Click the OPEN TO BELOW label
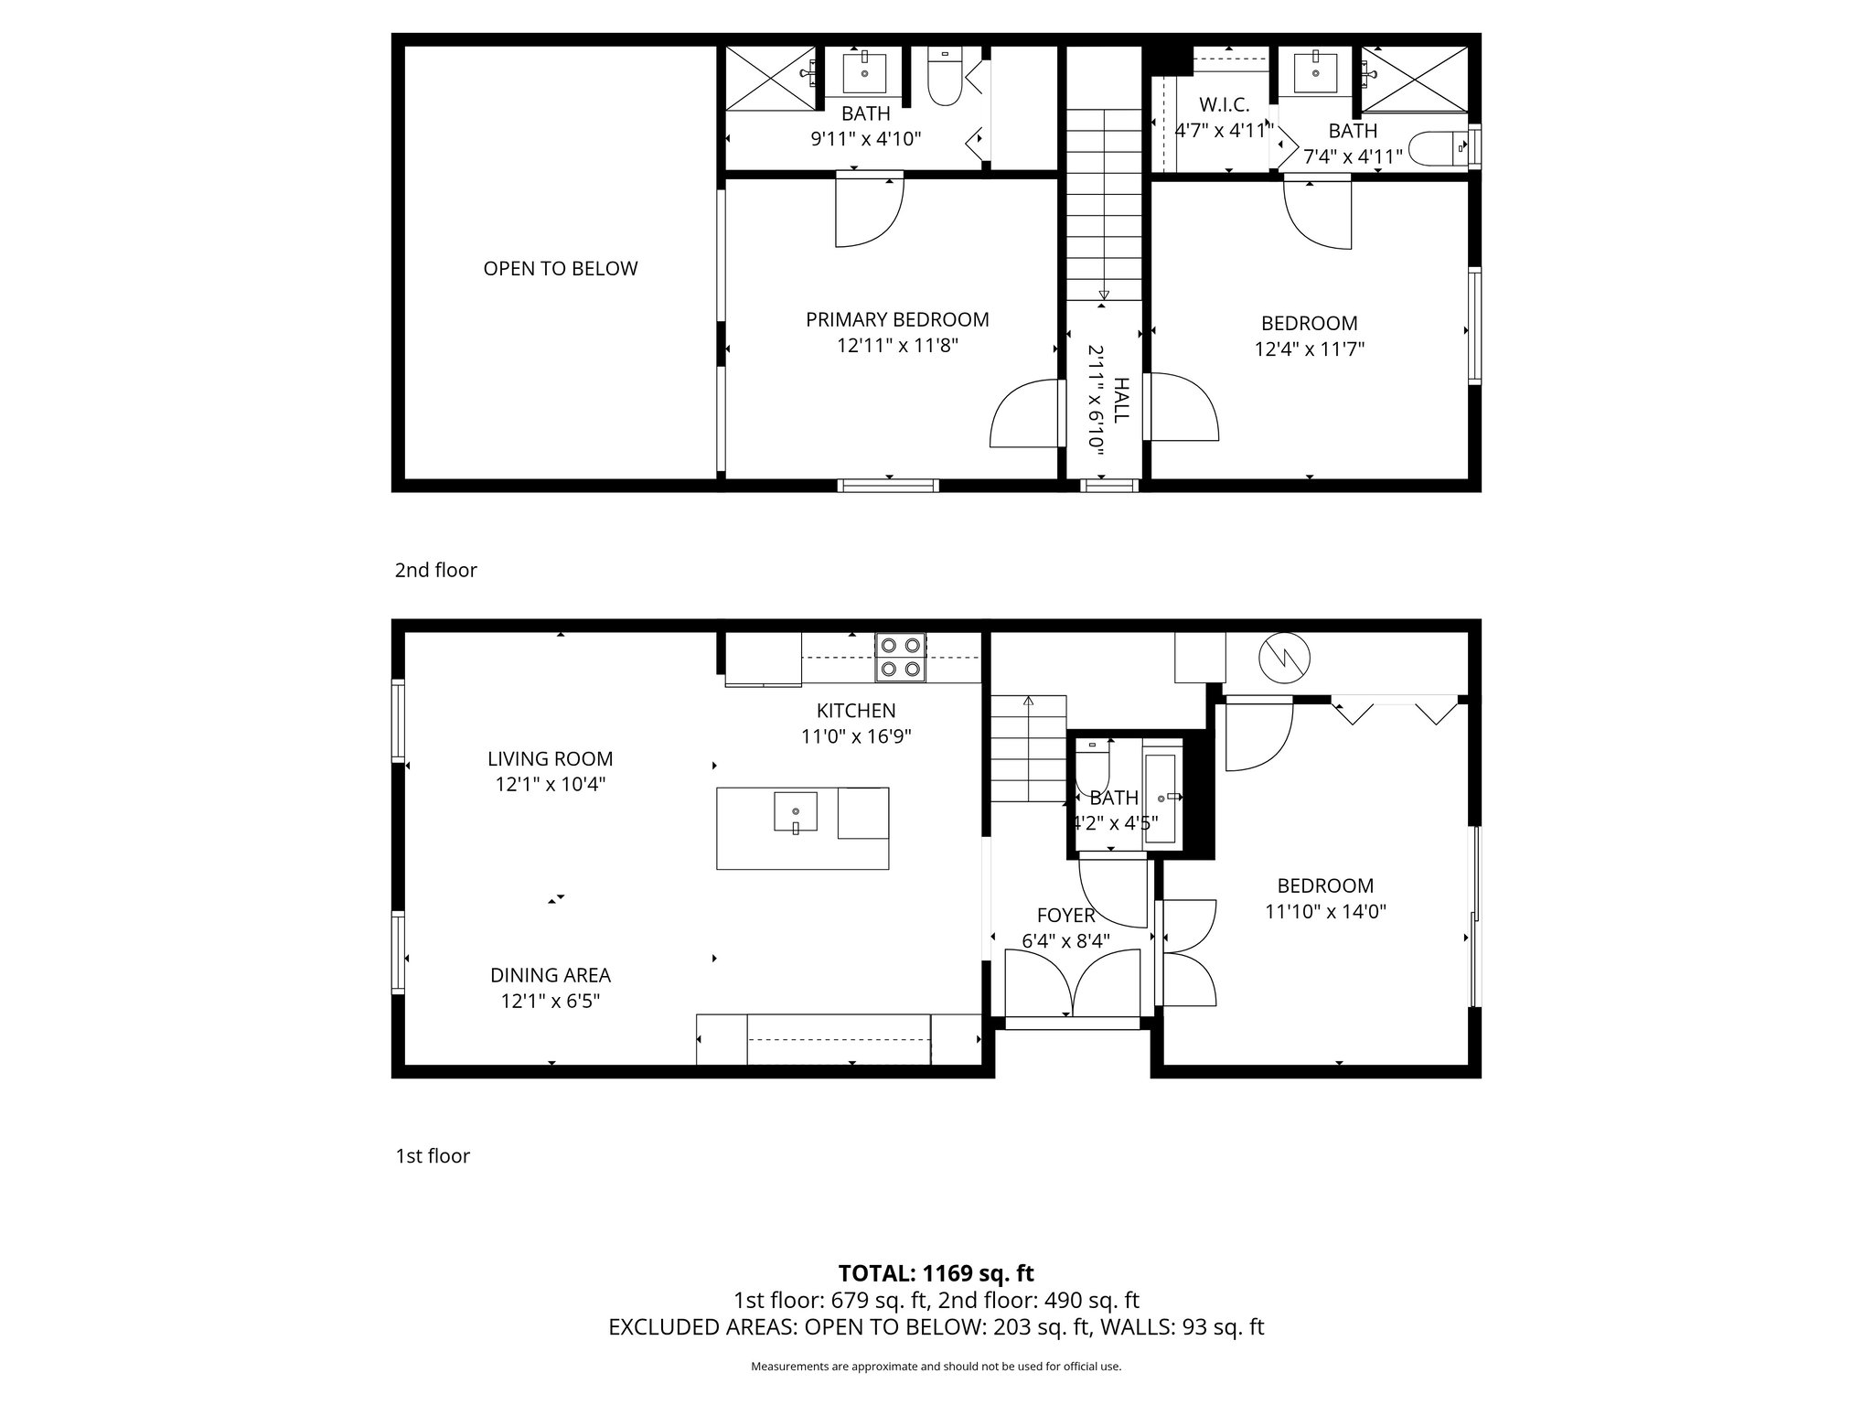(x=560, y=269)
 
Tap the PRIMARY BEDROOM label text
(x=897, y=320)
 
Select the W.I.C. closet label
(x=1224, y=105)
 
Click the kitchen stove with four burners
(x=900, y=658)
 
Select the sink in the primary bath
(x=864, y=72)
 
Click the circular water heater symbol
(x=1284, y=657)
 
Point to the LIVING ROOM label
(x=550, y=758)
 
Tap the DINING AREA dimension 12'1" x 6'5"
(x=550, y=1002)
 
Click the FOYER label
(x=1065, y=916)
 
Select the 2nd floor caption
(x=435, y=571)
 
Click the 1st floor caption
(x=432, y=1156)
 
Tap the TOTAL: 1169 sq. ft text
(x=936, y=1273)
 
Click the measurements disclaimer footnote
(x=936, y=1367)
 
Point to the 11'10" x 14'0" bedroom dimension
(x=1325, y=912)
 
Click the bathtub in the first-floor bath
(x=1162, y=797)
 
